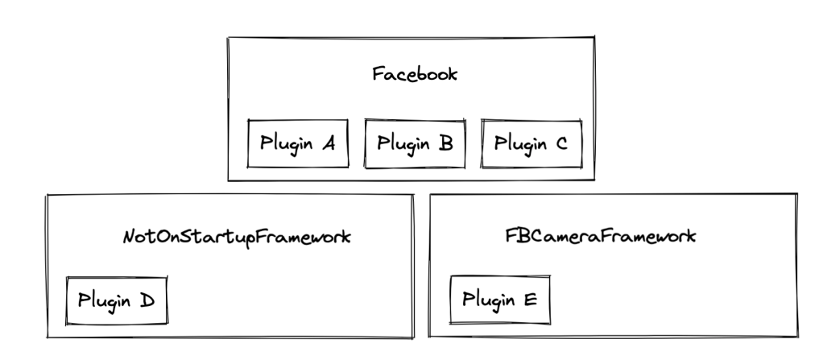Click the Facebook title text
(x=415, y=75)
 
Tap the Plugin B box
(x=416, y=143)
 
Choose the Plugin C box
(x=531, y=143)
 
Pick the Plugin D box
(x=116, y=300)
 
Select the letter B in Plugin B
(x=446, y=143)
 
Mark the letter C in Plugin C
(x=561, y=143)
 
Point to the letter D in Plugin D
(x=147, y=300)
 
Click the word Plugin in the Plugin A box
(x=286, y=145)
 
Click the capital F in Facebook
(x=377, y=75)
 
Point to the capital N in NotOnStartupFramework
(x=128, y=238)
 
